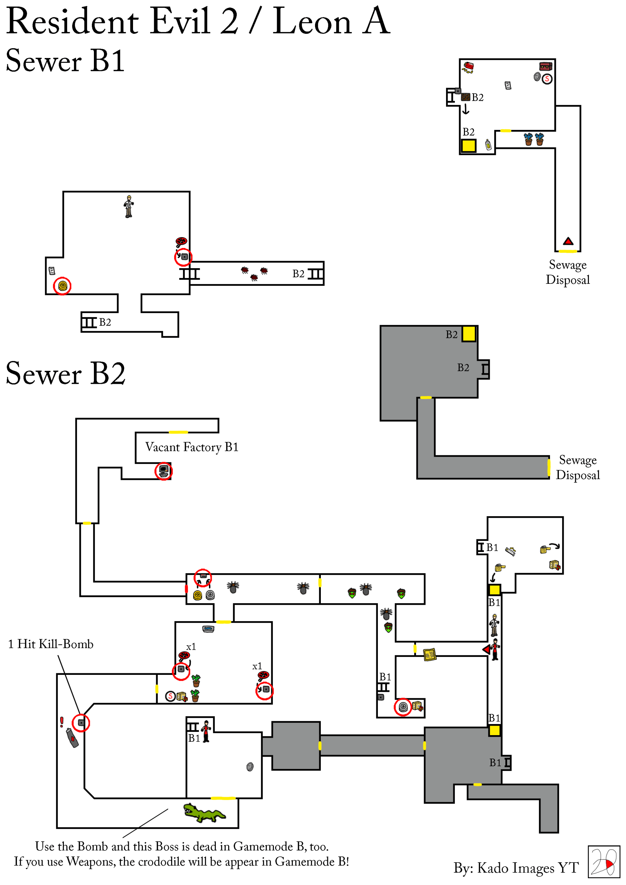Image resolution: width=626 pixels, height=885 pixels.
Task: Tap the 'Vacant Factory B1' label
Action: [x=192, y=447]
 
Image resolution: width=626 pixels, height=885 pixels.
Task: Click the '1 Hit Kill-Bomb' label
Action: [x=51, y=644]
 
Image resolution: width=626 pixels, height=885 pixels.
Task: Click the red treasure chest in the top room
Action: [x=545, y=66]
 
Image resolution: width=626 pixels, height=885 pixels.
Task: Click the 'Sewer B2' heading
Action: [x=66, y=373]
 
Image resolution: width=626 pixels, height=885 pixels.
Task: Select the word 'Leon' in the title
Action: [x=312, y=22]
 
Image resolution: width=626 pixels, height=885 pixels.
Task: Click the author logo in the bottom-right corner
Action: [x=604, y=862]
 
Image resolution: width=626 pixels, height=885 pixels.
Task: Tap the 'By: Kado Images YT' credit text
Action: [x=516, y=868]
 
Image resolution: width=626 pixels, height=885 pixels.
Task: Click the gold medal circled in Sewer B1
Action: [x=63, y=286]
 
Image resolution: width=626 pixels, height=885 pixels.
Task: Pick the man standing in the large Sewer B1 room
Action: [x=129, y=207]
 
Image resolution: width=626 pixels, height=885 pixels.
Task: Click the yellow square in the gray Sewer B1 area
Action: [x=469, y=334]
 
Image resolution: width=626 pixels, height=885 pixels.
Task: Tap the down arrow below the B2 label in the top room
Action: [x=466, y=109]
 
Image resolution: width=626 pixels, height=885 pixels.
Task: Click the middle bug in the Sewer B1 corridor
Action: [x=254, y=278]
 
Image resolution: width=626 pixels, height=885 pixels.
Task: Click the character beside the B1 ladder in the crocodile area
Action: [x=206, y=731]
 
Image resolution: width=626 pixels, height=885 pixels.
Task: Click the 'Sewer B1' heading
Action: [x=65, y=61]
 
